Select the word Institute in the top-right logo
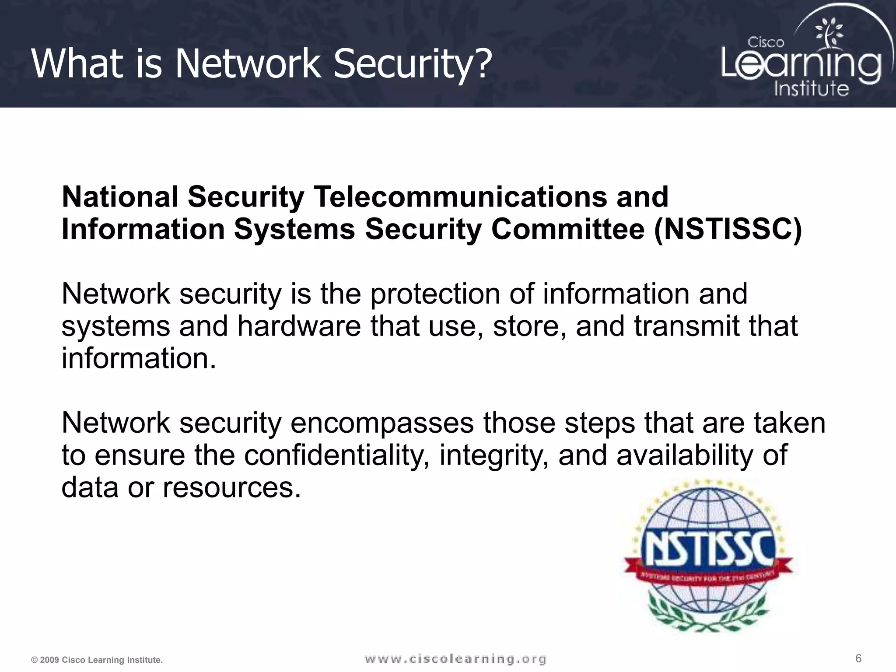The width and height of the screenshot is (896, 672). [811, 89]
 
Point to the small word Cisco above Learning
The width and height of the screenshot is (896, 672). [766, 42]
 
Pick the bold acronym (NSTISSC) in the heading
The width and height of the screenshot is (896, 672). [728, 229]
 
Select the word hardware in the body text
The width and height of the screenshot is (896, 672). [299, 326]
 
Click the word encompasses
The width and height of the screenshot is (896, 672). [382, 423]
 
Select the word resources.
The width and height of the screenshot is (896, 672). [231, 488]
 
